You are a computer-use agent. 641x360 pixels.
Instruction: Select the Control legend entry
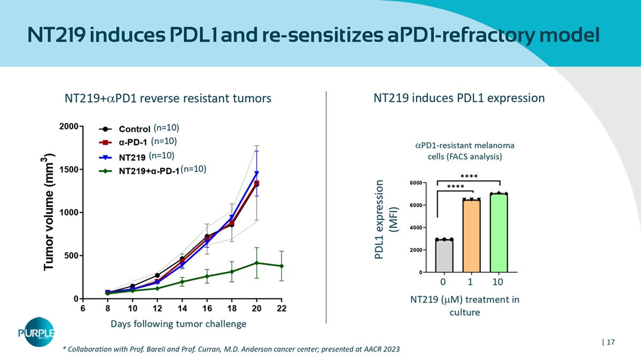pyautogui.click(x=134, y=129)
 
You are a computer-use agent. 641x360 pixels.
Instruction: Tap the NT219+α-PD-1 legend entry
pyautogui.click(x=148, y=171)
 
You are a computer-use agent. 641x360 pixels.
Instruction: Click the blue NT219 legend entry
pyautogui.click(x=132, y=157)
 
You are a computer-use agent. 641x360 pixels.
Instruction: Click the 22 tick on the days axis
pyautogui.click(x=282, y=308)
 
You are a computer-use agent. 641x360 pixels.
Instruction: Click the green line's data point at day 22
pyautogui.click(x=282, y=266)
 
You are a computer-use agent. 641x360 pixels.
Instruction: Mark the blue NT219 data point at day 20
pyautogui.click(x=257, y=173)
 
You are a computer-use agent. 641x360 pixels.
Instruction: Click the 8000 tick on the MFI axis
pyautogui.click(x=415, y=183)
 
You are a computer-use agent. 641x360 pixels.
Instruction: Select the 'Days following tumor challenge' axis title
pyautogui.click(x=178, y=324)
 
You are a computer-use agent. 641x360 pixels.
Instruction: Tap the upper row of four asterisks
pyautogui.click(x=468, y=176)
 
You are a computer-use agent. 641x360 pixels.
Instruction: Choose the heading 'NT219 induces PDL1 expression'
pyautogui.click(x=459, y=98)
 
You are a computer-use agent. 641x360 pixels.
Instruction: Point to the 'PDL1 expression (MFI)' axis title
pyautogui.click(x=386, y=219)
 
